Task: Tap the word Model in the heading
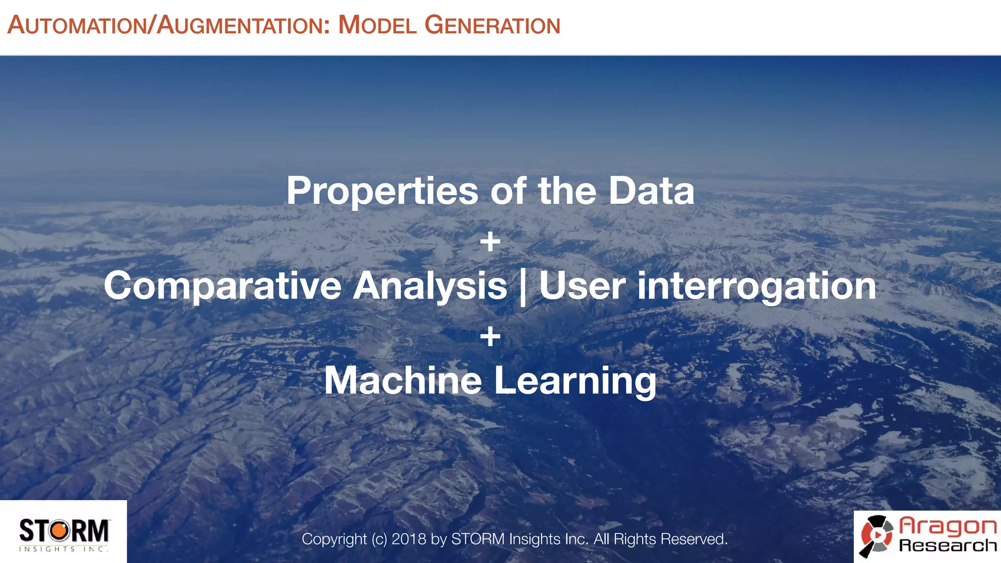[377, 25]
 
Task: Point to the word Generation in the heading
[492, 25]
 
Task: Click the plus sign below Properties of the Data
[490, 242]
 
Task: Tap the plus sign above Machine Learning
[490, 337]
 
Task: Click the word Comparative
[222, 286]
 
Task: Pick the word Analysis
[430, 286]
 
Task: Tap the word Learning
[575, 382]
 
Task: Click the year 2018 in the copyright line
[409, 539]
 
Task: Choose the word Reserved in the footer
[694, 539]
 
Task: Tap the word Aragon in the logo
[948, 526]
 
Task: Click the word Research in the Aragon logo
[948, 545]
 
